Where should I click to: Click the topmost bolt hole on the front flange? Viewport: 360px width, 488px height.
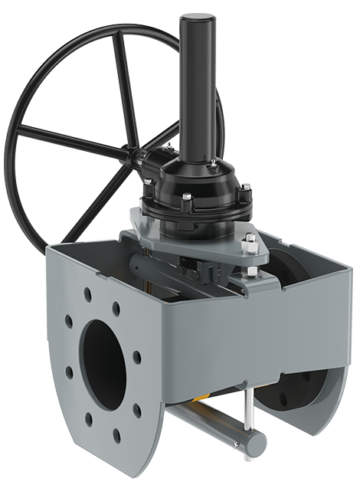(89, 293)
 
